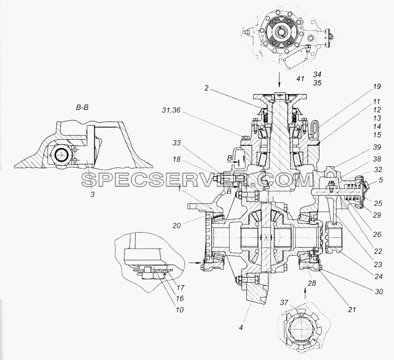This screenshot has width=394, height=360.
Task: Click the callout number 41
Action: click(301, 79)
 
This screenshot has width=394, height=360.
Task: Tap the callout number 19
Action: click(377, 86)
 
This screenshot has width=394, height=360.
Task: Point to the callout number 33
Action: click(176, 143)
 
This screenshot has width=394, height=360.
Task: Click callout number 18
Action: click(177, 159)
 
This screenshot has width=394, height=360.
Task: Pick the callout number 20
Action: click(177, 226)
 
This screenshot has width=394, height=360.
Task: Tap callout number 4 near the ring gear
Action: click(241, 328)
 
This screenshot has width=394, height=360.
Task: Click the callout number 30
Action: click(379, 291)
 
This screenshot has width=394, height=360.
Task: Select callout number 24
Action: click(378, 276)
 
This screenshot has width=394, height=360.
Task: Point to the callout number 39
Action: click(377, 147)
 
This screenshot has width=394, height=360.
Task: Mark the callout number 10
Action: click(179, 310)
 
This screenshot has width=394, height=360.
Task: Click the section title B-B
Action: click(82, 108)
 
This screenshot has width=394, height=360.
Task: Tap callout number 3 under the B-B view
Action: click(93, 194)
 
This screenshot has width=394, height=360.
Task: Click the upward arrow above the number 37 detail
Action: click(306, 293)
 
